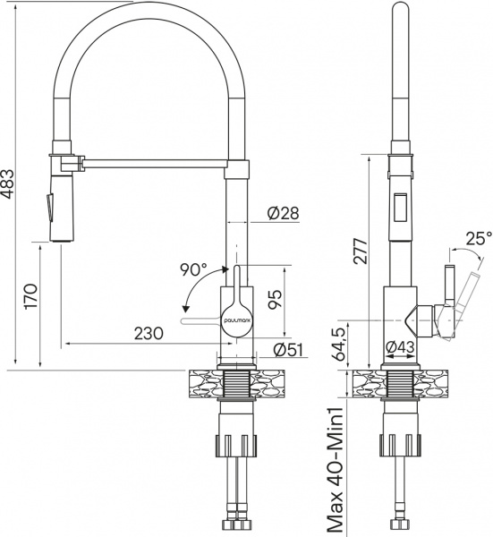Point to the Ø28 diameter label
[x=282, y=213]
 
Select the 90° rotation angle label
[x=193, y=268]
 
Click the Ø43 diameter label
[x=399, y=345]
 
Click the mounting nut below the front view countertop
[x=237, y=444]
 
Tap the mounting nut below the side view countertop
[x=400, y=444]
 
